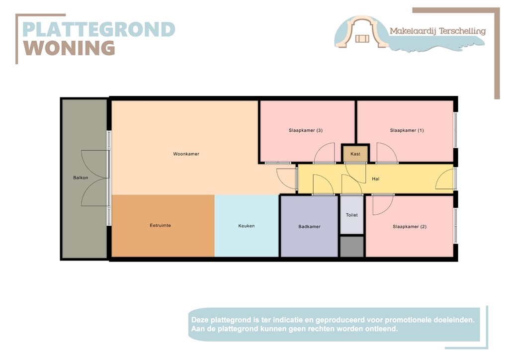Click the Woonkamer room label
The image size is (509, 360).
point(186,154)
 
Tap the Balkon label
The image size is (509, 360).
point(81,178)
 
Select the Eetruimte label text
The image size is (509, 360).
point(160,226)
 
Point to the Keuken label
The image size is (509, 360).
point(246,226)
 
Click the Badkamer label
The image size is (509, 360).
point(309,227)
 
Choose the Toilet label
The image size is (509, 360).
point(352,215)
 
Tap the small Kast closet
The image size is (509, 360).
point(355,154)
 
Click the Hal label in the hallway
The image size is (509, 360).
point(375,179)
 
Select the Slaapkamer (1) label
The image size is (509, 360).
point(407,131)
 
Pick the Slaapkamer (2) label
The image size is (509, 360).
point(409,227)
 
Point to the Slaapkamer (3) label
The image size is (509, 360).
point(306,131)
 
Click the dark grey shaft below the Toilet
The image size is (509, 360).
point(352,247)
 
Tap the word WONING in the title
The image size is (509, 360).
point(69,48)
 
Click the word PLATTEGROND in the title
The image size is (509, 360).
point(98,29)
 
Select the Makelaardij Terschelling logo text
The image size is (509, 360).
point(437,31)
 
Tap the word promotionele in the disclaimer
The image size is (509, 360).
point(393,320)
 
